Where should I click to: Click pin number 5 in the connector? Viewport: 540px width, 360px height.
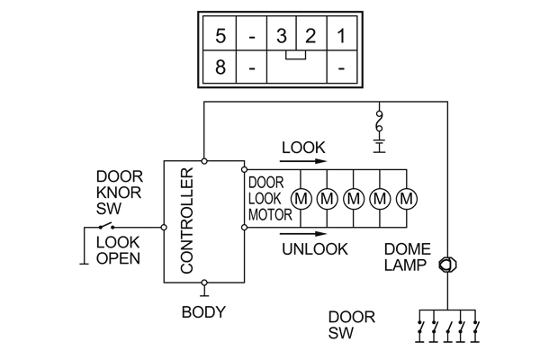(x=220, y=38)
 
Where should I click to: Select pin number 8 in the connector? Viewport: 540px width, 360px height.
(x=220, y=67)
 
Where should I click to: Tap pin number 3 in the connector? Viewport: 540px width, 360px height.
(x=282, y=38)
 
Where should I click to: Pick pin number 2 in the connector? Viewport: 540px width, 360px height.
(x=310, y=38)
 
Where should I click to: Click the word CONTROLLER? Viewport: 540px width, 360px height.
(x=187, y=221)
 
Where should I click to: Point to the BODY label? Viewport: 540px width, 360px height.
(x=203, y=312)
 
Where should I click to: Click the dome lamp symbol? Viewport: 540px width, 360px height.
(x=445, y=266)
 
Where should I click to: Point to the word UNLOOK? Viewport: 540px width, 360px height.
(x=314, y=249)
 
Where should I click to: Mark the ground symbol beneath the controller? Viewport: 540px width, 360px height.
(x=204, y=290)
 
